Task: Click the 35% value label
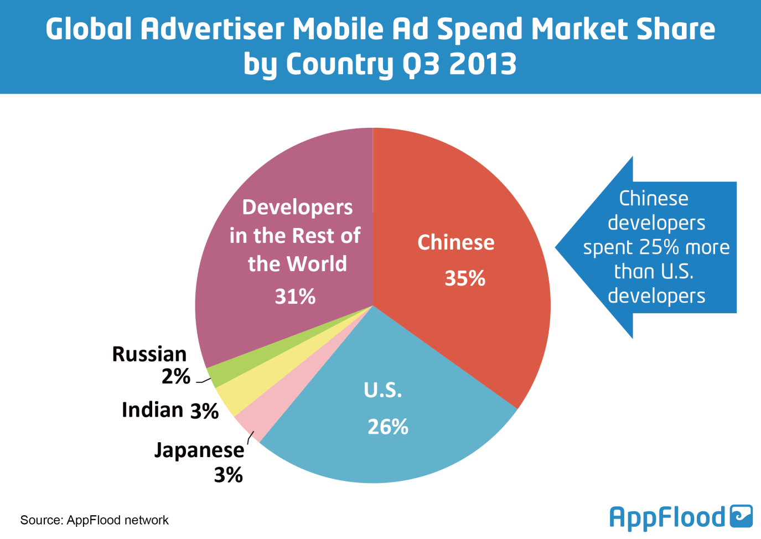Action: tap(465, 278)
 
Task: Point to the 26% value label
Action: tap(388, 427)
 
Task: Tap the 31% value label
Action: tap(295, 297)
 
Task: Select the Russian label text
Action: tap(149, 354)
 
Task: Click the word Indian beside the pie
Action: tap(152, 410)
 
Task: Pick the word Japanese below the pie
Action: tap(199, 450)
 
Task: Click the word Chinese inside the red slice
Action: tap(456, 242)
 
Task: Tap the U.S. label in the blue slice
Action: tap(383, 391)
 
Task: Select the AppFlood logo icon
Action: tap(741, 516)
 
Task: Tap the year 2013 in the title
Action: tap(482, 64)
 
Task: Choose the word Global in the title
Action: tap(89, 29)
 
